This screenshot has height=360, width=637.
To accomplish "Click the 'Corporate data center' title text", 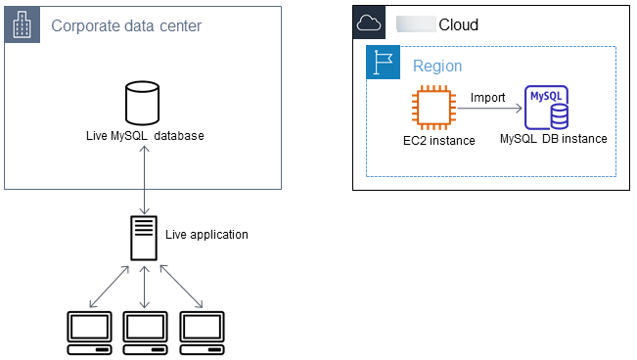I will (126, 25).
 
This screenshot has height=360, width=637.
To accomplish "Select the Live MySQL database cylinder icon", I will (143, 104).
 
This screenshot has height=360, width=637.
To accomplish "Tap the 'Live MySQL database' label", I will (145, 135).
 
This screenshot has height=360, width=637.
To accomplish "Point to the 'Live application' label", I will (207, 235).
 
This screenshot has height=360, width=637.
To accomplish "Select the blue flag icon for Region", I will (383, 63).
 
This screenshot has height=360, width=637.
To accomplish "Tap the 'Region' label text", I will (437, 67).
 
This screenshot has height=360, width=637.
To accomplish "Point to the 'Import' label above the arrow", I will (487, 98).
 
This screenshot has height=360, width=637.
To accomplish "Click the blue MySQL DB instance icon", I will (548, 109).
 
